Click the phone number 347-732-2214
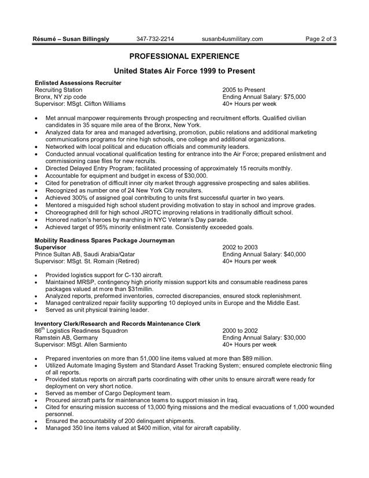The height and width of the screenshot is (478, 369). [x=156, y=39]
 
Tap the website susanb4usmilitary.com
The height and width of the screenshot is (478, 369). [x=233, y=39]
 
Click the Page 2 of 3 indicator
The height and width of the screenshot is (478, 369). [x=320, y=39]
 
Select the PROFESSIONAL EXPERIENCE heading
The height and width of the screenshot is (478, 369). [x=184, y=56]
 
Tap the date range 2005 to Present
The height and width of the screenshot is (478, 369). [x=243, y=90]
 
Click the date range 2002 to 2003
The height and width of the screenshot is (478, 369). [x=240, y=247]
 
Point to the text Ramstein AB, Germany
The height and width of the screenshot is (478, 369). [x=66, y=337]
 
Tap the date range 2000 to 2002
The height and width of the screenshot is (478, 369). [x=240, y=330]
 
